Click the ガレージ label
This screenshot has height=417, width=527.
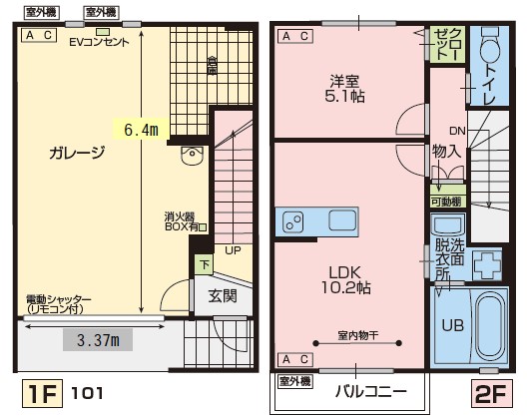77,153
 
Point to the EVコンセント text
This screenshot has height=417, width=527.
100,42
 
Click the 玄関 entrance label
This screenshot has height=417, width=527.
223,295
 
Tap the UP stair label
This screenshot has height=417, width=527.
232,250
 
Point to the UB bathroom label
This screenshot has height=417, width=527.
451,325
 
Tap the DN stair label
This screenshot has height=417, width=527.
456,132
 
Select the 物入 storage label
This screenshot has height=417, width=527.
446,152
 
